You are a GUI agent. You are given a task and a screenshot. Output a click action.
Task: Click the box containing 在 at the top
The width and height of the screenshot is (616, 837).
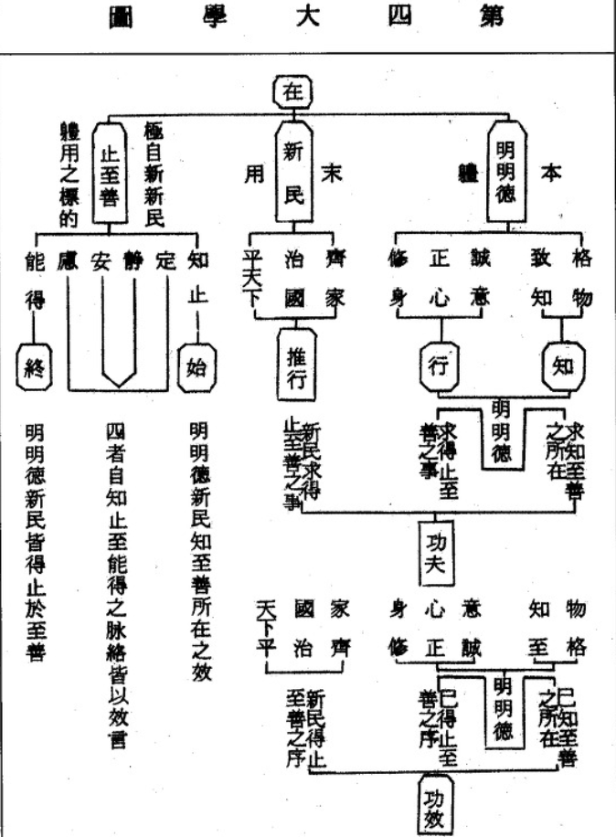click(x=292, y=92)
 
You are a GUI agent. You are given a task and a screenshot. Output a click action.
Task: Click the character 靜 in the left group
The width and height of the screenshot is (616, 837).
click(x=133, y=260)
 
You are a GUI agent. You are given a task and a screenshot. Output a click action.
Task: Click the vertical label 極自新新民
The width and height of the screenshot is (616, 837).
click(x=153, y=174)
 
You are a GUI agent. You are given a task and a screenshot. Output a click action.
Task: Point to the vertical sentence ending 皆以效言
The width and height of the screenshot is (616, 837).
click(x=117, y=584)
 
